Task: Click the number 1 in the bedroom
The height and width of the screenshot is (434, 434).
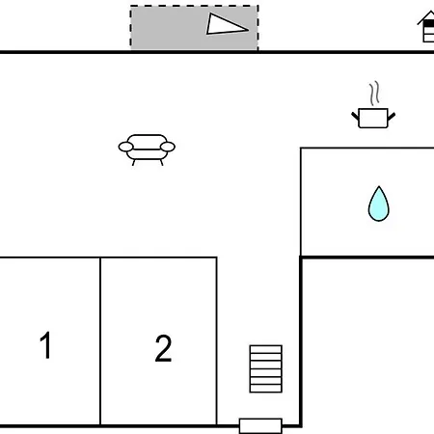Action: [x=45, y=345]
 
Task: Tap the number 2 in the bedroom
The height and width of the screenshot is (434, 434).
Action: [x=163, y=348]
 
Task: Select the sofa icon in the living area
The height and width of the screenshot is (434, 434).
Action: [x=147, y=149]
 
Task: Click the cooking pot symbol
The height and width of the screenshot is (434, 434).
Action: [x=373, y=118]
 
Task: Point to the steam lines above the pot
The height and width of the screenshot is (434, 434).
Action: [x=374, y=94]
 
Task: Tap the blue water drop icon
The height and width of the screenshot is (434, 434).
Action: [x=379, y=203]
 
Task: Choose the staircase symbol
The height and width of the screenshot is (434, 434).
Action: [x=266, y=368]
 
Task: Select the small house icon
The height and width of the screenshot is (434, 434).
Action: [x=426, y=26]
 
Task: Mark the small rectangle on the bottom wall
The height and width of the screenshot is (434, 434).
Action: [x=260, y=425]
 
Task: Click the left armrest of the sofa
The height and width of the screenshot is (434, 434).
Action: [x=125, y=147]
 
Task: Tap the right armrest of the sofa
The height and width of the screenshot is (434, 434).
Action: [x=168, y=147]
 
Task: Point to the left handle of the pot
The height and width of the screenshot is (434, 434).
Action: [x=355, y=116]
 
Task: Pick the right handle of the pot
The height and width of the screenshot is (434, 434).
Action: [x=392, y=116]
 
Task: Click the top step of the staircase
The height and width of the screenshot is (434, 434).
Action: [x=266, y=349]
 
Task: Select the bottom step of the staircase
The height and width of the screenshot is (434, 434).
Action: [x=266, y=389]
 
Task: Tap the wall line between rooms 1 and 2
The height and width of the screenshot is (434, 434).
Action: [x=100, y=341]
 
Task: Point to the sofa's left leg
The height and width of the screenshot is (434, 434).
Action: [x=134, y=162]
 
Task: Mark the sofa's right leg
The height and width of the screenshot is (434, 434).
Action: [x=161, y=162]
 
